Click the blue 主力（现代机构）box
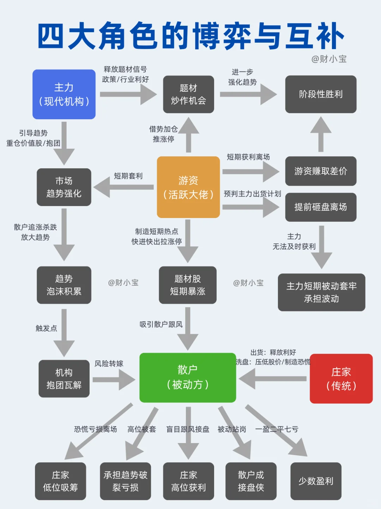64,94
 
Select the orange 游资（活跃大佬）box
188,187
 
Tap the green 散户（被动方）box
188,377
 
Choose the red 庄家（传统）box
341,378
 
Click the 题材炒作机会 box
188,94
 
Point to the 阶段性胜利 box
321,94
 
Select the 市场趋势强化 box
64,187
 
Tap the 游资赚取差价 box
321,171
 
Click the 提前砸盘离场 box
321,207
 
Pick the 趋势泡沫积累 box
64,285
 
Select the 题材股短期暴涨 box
188,285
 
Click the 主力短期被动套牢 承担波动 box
321,292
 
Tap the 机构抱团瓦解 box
64,378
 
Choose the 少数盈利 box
316,481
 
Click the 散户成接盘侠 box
251,481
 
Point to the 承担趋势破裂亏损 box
125,481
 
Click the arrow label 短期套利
128,176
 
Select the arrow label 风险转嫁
109,364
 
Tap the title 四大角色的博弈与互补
190,36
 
